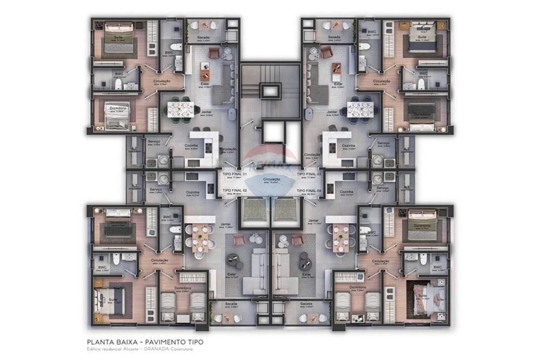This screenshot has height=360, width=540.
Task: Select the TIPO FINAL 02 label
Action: point(234,191)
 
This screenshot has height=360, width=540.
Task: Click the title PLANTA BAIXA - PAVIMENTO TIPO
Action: point(145,342)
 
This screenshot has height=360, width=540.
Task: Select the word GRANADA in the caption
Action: point(165,350)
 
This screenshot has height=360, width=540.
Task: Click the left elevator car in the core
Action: point(254,210)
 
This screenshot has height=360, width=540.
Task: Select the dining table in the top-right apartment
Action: point(361,107)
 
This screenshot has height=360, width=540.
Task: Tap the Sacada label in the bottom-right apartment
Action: point(306,304)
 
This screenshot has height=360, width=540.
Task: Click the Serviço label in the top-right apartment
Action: point(383,143)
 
